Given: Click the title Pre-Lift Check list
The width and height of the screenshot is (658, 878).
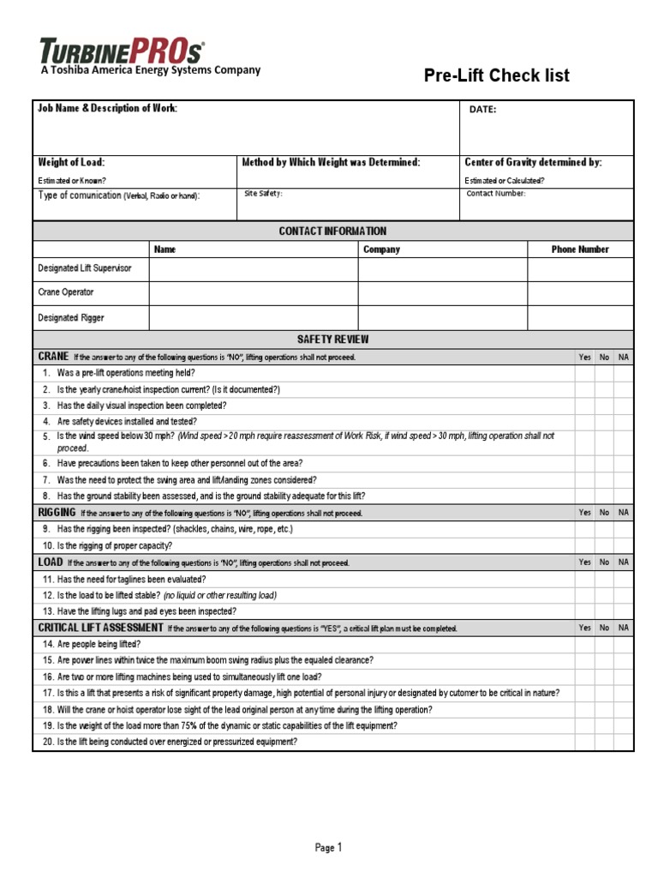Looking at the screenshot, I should click(x=497, y=76).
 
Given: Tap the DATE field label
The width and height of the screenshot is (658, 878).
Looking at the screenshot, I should click(x=482, y=110).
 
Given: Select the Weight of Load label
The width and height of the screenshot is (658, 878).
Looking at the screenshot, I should click(x=71, y=162).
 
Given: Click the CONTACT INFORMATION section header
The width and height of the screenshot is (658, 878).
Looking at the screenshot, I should click(x=332, y=232).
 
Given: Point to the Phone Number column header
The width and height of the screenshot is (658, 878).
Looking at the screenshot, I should click(x=580, y=250).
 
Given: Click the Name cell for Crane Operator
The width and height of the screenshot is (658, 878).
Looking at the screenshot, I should click(x=254, y=292).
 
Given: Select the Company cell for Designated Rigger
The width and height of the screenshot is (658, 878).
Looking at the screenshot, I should click(x=442, y=318).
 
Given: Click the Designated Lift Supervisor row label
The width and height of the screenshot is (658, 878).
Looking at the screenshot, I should click(x=85, y=268).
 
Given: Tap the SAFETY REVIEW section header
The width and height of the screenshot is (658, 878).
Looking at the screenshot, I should click(x=332, y=340).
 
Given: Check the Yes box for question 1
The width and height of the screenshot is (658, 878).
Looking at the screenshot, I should click(x=584, y=373).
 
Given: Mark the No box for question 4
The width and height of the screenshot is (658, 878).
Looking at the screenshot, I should click(x=604, y=422).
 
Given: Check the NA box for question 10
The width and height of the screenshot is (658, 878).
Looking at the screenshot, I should click(x=624, y=545).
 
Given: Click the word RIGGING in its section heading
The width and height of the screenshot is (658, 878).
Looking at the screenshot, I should click(x=57, y=512).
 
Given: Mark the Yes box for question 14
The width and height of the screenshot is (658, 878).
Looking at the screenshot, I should click(x=584, y=644).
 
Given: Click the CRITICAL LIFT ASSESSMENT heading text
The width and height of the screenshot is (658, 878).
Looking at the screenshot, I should click(x=100, y=628).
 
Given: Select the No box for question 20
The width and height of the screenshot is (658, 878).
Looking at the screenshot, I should click(x=604, y=743).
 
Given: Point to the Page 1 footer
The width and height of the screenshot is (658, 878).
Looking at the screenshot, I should click(x=328, y=848).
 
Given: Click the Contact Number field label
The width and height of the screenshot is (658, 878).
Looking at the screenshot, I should click(x=496, y=194).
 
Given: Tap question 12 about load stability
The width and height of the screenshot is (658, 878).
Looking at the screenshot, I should click(x=159, y=595).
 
